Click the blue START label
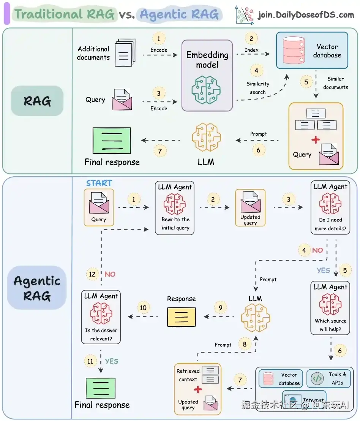[x=99, y=183]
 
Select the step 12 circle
[x=92, y=274]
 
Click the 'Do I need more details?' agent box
[x=330, y=207]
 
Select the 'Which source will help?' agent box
[x=330, y=308]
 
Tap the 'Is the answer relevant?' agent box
[x=101, y=317]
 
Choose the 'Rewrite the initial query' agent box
[x=175, y=208]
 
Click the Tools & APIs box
[x=329, y=378]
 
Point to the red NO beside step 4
[x=317, y=250]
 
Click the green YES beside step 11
[x=112, y=361]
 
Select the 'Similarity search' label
[x=258, y=88]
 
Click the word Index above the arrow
[x=251, y=50]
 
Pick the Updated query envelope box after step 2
[x=250, y=208]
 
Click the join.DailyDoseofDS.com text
[x=306, y=15]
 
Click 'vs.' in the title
[x=127, y=15]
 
